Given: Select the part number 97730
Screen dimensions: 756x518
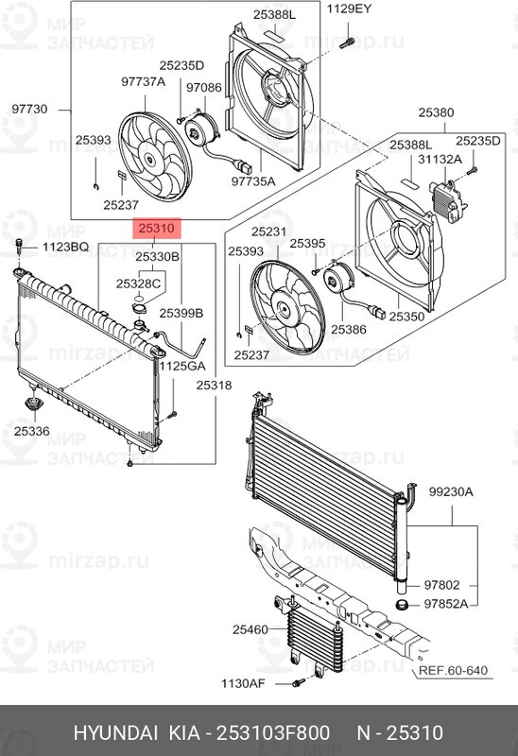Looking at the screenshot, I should coord(28,110).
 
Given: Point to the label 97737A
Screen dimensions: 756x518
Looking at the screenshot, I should coord(143,82).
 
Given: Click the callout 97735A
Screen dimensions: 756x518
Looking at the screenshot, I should coord(254,180).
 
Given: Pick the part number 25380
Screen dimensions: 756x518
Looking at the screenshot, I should coord(436,112).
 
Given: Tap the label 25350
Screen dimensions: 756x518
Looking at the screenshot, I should coord(407,318).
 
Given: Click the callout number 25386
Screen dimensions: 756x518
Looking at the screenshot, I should coord(348,331).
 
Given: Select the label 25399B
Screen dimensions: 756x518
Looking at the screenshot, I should coord(181,312).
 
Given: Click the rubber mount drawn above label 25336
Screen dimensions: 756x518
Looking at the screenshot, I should coord(32,406).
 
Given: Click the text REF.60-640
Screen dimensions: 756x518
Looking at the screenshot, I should coord(455,671).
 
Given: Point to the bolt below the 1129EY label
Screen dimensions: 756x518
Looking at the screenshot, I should coord(349,42).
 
